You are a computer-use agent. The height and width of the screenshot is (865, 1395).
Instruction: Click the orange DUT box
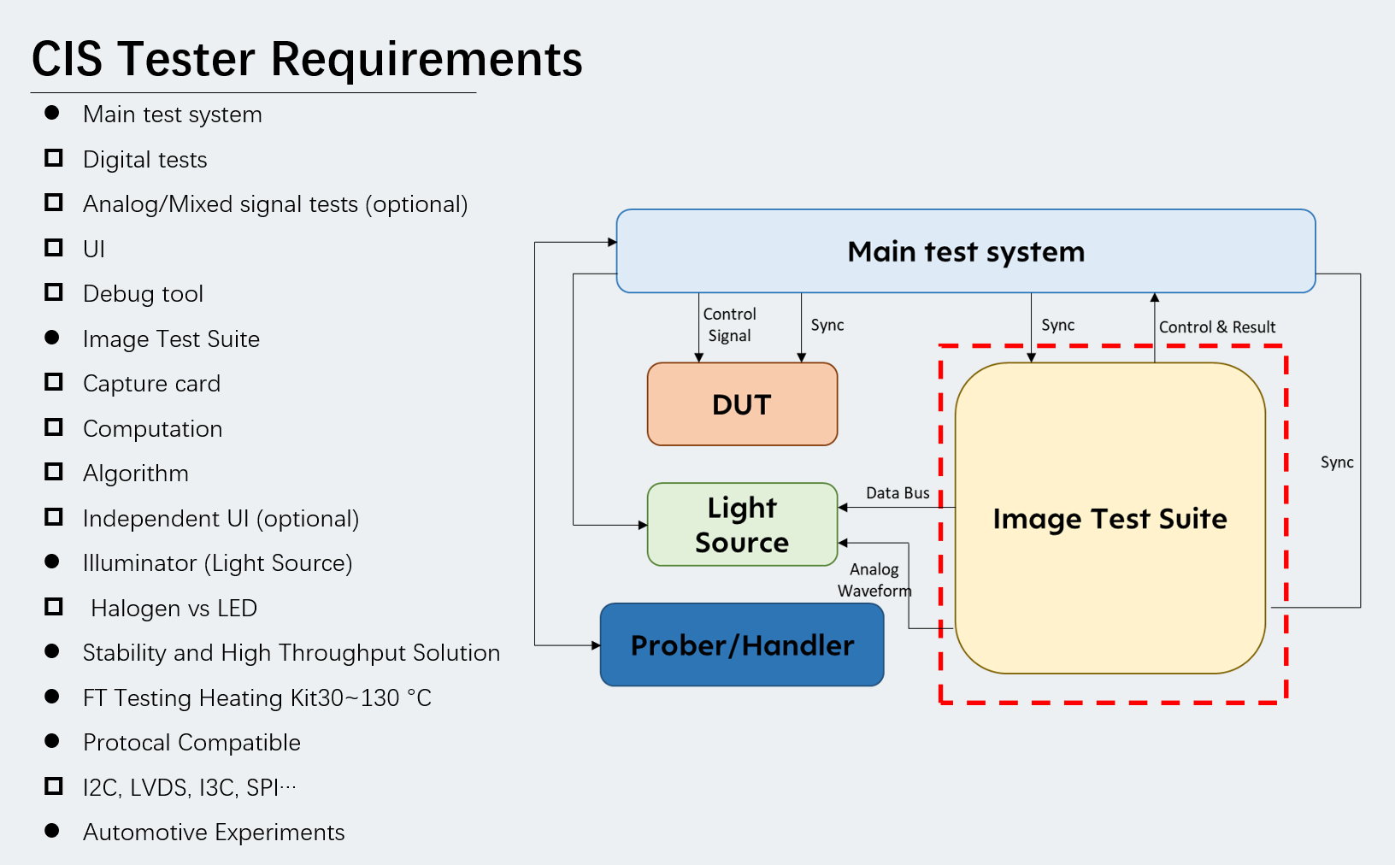[x=742, y=404]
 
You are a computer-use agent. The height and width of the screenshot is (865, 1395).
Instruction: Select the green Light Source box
[x=742, y=524]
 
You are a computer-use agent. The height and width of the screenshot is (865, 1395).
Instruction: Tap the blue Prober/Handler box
[x=742, y=644]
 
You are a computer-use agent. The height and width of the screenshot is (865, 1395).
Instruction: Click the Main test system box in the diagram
[x=966, y=251]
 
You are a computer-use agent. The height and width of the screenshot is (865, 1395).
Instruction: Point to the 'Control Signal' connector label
[x=729, y=325]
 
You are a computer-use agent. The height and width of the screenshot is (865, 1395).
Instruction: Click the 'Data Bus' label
[x=898, y=492]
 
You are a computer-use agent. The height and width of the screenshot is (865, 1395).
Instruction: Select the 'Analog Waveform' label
[x=874, y=580]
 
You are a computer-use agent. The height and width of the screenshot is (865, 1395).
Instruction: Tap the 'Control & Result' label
[x=1217, y=327]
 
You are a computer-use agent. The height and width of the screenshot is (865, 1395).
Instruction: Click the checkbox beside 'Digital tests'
[x=54, y=158]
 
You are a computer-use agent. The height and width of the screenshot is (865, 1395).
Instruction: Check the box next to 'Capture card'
[x=54, y=382]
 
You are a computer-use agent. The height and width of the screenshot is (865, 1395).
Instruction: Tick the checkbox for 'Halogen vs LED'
[x=54, y=607]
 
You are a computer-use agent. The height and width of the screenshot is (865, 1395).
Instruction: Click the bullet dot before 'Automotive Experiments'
[x=52, y=831]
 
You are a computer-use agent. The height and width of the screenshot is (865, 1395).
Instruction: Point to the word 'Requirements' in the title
[x=427, y=59]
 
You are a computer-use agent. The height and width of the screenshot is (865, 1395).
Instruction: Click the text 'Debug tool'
[x=144, y=293]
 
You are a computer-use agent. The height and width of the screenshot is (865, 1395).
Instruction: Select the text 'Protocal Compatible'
[x=191, y=742]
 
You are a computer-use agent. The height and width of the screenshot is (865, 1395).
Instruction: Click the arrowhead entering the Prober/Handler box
[x=596, y=645]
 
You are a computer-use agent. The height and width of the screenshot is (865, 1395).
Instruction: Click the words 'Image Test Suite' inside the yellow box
[x=1110, y=518]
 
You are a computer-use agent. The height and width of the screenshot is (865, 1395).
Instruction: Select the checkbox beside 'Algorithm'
[x=54, y=472]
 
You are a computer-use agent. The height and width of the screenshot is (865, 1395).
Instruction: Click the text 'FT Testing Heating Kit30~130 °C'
[x=257, y=697]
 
